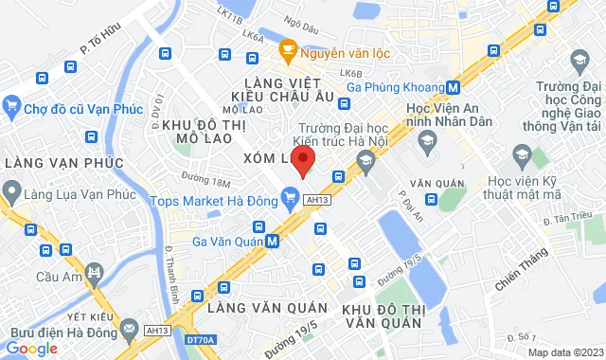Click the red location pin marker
click(302, 161)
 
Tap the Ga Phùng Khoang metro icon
click(454, 88)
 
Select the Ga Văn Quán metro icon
click(273, 241)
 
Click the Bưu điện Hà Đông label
click(55, 329)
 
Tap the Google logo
click(30, 349)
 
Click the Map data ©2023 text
click(565, 352)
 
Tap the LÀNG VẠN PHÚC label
click(63, 163)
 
